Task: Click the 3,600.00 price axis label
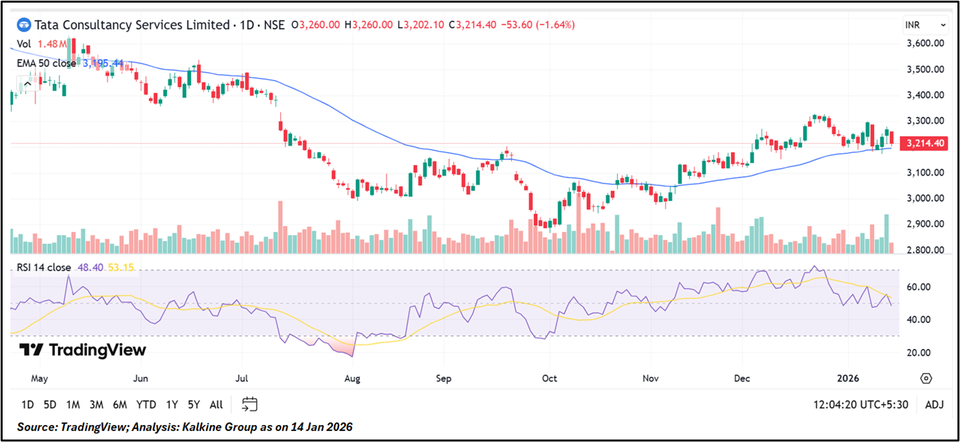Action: tap(925, 43)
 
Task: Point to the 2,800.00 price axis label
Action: tap(925, 250)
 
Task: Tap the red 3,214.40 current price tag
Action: tap(925, 143)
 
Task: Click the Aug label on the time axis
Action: tap(353, 378)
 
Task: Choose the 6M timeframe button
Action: tap(120, 405)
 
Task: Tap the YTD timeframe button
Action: tap(146, 405)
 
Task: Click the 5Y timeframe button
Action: tap(193, 405)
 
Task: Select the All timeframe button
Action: tap(216, 405)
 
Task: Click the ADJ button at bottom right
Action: tap(934, 405)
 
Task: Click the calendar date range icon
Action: tap(250, 405)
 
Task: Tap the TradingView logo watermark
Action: tap(83, 350)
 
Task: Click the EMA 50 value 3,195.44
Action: tap(103, 64)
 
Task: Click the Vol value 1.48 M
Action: tap(51, 44)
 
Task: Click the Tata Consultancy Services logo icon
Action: tap(24, 25)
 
